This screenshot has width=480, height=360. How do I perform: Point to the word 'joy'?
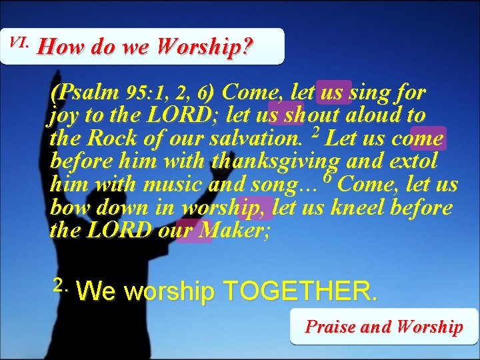63,115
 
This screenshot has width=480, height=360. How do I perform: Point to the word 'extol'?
413,161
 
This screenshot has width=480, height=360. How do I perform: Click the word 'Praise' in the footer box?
330,327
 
